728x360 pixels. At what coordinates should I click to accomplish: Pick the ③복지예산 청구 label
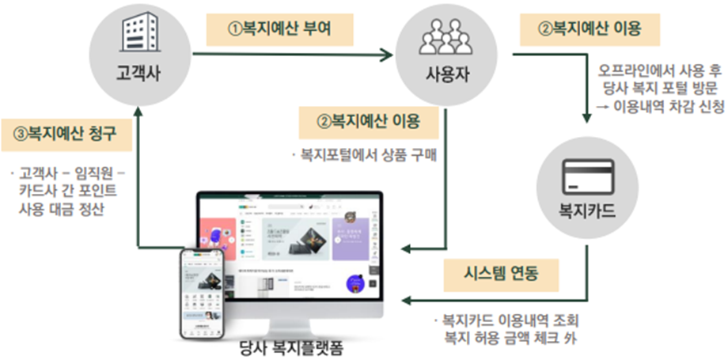[66, 132]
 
